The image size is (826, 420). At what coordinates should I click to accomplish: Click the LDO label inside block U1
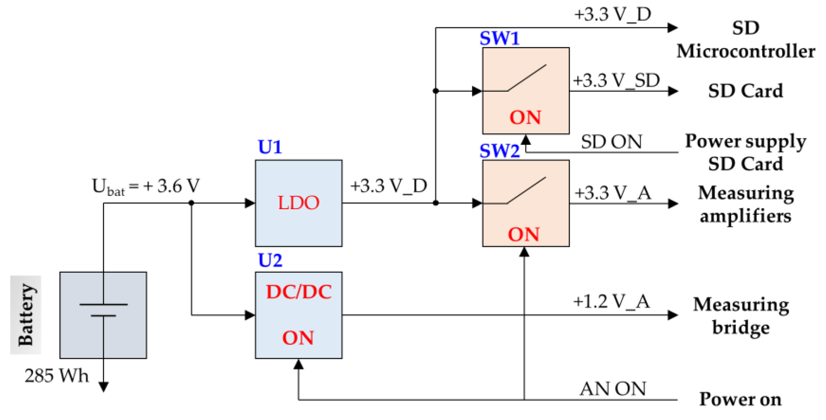point(298,203)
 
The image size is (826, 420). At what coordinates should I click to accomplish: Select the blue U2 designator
point(270,260)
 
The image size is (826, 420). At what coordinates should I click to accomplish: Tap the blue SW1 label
point(499,38)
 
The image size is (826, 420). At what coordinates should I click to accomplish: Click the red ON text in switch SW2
point(524,234)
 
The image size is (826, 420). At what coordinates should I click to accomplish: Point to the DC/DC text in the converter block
point(298,292)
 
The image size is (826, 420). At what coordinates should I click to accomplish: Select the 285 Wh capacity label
point(57,376)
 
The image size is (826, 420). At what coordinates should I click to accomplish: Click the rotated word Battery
point(26,315)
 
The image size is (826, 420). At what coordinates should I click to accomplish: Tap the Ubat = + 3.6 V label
point(146,186)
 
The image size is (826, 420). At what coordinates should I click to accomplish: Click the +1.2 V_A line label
point(612,302)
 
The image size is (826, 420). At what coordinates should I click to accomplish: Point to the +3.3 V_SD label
point(616,80)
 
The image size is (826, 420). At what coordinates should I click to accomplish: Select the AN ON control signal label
point(613,389)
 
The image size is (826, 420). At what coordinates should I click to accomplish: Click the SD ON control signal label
point(612,142)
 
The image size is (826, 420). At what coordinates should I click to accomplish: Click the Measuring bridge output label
point(741,316)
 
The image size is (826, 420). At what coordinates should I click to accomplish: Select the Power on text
point(740,399)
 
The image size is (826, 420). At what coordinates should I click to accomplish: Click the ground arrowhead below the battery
point(103,387)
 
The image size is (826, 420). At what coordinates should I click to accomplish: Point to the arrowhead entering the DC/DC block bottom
point(298,364)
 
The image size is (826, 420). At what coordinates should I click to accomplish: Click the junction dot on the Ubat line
point(191,203)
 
